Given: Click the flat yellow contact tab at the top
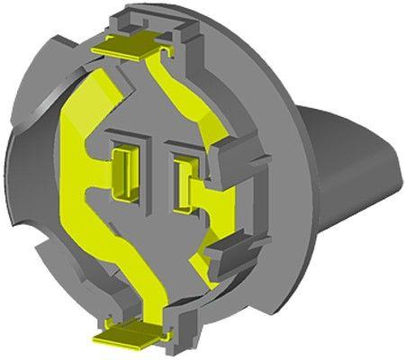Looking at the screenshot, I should pos(131,46).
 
